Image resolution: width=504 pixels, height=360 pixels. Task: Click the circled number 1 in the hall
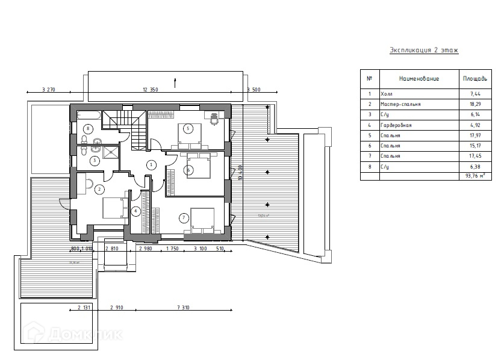point(151,164)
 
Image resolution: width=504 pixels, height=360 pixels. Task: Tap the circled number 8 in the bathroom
point(89,129)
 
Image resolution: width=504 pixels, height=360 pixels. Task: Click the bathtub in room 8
point(89,115)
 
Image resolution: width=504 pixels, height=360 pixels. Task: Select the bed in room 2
point(113,208)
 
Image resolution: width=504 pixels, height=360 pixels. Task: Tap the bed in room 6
point(196,166)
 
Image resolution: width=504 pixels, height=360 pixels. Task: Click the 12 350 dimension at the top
point(150,90)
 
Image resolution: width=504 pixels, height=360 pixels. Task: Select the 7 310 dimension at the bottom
point(184,308)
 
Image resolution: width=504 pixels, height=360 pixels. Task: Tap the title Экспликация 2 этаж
point(424,50)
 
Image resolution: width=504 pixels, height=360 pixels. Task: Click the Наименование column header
point(418,79)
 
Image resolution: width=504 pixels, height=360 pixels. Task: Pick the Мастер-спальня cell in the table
point(401,104)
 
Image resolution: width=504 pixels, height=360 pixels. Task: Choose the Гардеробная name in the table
point(396,125)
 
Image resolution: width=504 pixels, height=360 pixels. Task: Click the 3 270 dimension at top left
point(49,90)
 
